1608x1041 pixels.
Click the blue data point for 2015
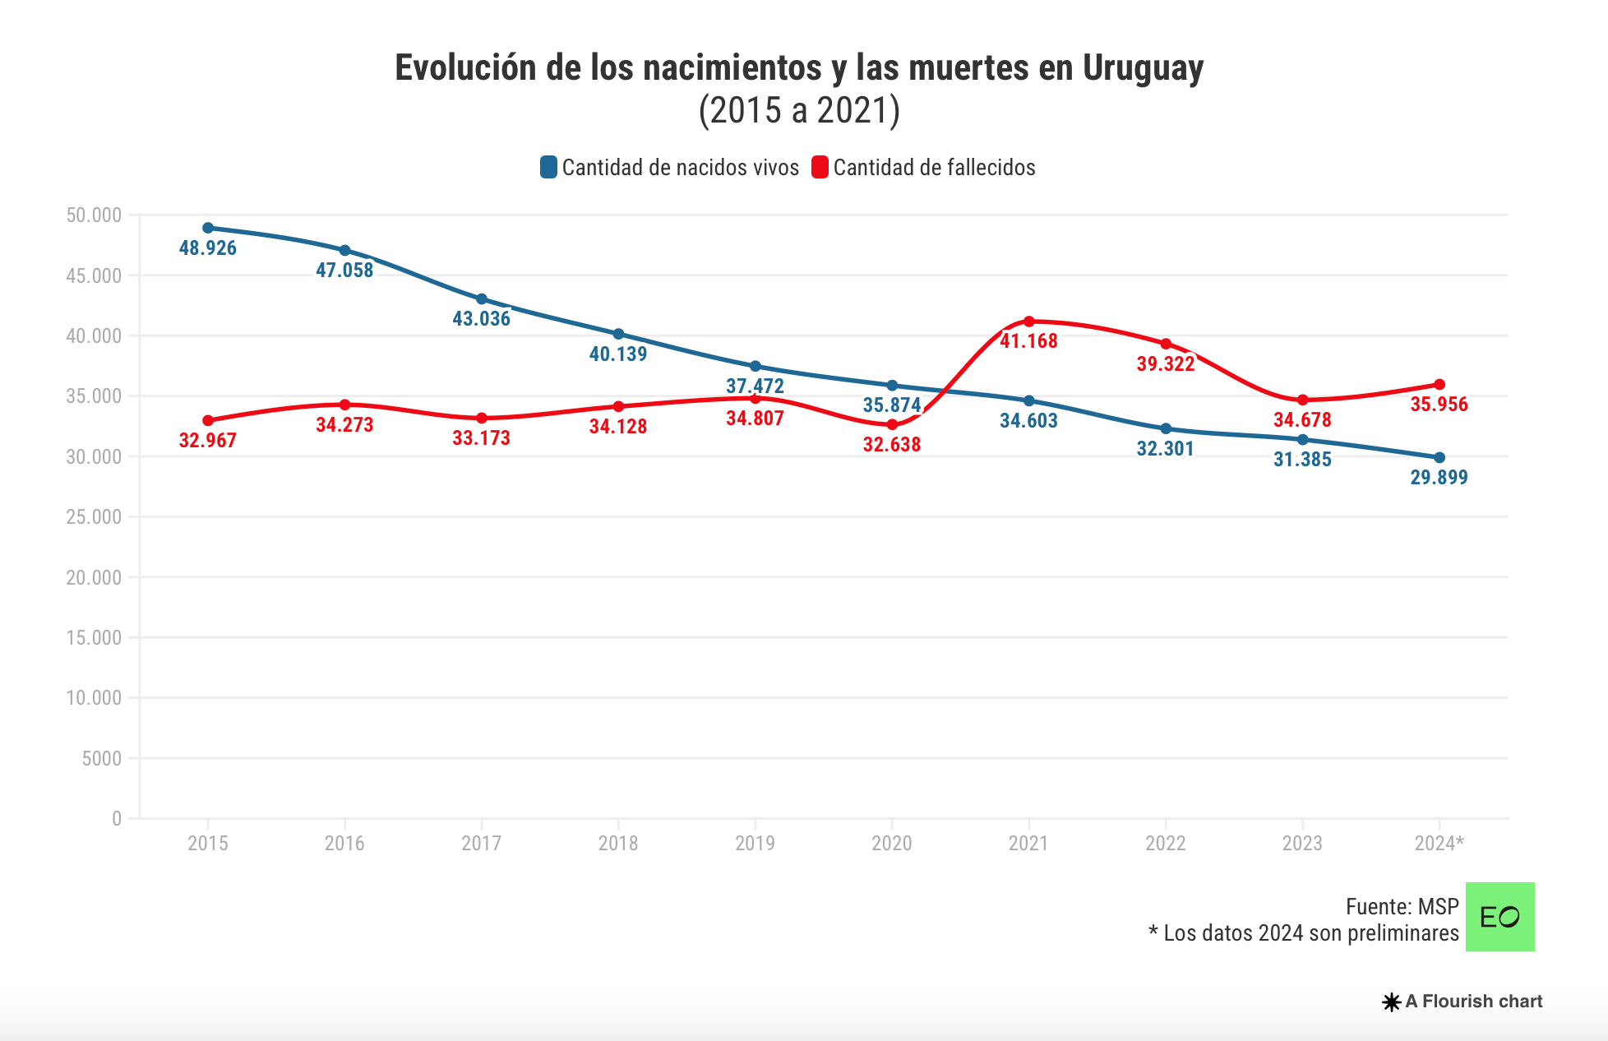pos(208,228)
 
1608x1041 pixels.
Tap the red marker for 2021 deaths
pos(1028,322)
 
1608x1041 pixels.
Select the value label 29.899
pos(1439,478)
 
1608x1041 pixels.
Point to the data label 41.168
pos(1028,341)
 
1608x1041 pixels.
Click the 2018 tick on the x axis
pos(618,843)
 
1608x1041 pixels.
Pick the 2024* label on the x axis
pos(1439,843)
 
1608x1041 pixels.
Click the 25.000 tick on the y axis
pos(94,517)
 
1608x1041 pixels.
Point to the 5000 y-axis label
pos(101,758)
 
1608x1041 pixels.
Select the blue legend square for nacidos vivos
pos(548,168)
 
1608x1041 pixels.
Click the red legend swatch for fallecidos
pos(820,168)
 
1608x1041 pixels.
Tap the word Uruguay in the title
pos(1143,68)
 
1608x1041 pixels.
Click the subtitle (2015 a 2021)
pos(799,110)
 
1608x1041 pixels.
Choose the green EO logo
pos(1499,917)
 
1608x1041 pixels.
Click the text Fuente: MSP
pos(1402,907)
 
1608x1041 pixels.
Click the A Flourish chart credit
pos(1463,1002)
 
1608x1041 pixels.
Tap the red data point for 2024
pos(1439,385)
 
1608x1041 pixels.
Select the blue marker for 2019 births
pos(755,366)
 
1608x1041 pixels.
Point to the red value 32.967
pos(208,441)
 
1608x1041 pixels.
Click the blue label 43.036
pos(482,319)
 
